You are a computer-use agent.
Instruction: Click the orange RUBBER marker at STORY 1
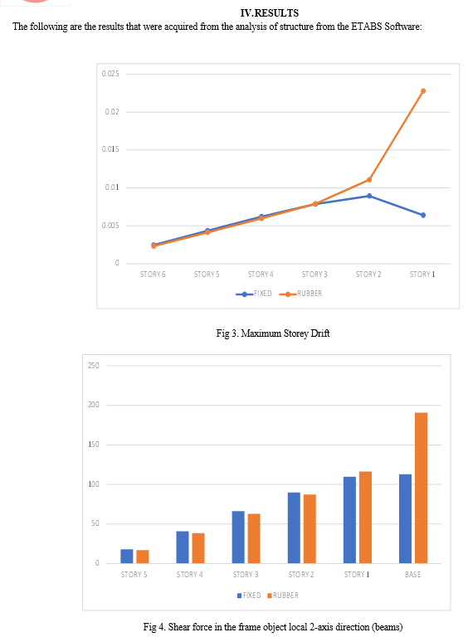click(x=423, y=91)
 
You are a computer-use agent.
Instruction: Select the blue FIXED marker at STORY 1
click(x=423, y=215)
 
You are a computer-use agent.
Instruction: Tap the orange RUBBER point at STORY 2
click(x=369, y=180)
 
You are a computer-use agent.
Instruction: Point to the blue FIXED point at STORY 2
click(x=369, y=196)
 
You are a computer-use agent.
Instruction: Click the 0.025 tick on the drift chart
click(x=110, y=74)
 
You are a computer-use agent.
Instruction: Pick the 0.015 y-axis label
click(x=110, y=149)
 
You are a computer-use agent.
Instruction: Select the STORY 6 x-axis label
click(x=153, y=275)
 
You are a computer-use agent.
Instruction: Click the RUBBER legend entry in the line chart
click(x=300, y=294)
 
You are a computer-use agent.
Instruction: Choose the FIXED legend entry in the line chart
click(x=254, y=294)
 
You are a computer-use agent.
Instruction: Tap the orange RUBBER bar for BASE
click(x=421, y=488)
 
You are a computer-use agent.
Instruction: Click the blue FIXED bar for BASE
click(x=406, y=518)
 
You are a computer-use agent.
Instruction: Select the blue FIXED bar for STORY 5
click(x=127, y=557)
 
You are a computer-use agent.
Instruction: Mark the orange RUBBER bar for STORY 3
click(x=254, y=538)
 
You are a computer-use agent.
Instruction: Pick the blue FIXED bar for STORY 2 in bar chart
click(x=294, y=528)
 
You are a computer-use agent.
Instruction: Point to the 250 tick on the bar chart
click(x=94, y=366)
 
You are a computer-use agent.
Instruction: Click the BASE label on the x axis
click(x=412, y=575)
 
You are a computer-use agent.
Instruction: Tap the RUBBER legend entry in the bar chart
click(x=283, y=596)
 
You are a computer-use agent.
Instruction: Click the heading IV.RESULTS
click(x=270, y=13)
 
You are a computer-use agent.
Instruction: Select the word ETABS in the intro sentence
click(x=367, y=27)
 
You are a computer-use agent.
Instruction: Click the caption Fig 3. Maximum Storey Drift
click(x=273, y=333)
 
